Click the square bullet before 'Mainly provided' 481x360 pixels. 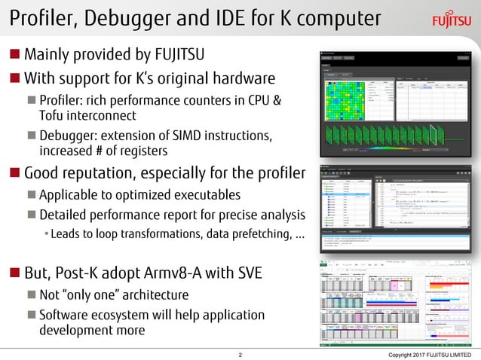coord(15,55)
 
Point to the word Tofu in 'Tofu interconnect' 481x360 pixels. coord(51,115)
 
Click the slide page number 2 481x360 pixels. coord(240,353)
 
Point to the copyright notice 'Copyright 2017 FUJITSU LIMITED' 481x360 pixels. coord(432,353)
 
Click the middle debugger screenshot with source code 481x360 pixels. coord(393,206)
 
